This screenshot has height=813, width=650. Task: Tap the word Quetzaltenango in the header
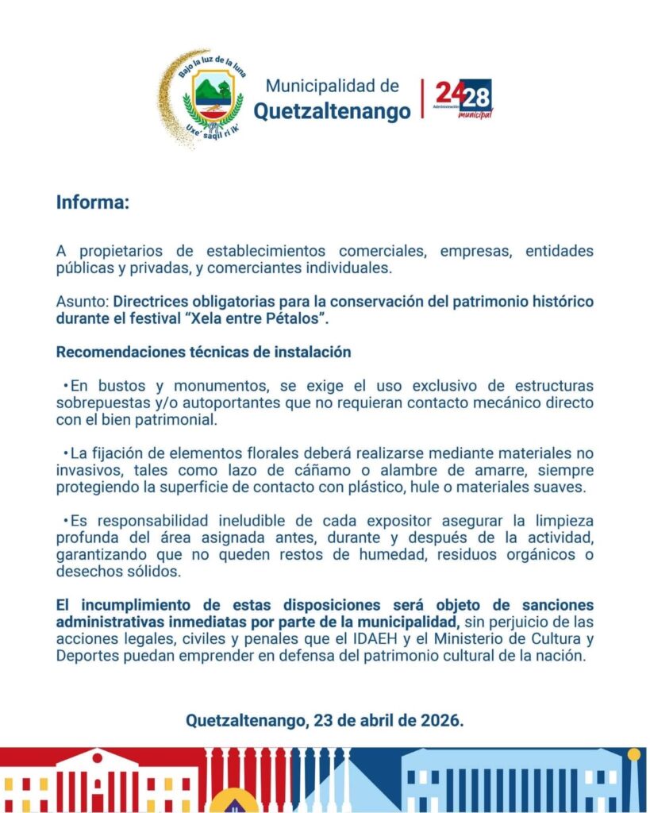[333, 112]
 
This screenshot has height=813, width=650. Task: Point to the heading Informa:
[92, 202]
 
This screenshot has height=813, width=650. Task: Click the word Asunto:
[83, 302]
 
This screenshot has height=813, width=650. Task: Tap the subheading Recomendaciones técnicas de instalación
[203, 351]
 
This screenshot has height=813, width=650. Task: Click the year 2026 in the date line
[441, 722]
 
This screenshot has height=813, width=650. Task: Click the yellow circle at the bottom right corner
[633, 754]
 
